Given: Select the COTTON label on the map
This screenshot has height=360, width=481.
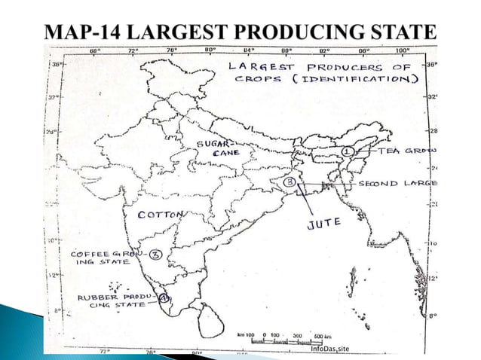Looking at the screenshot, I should [160, 215].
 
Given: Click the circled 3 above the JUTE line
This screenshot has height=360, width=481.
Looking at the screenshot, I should [288, 182].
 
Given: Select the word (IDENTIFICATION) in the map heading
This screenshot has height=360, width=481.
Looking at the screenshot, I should [366, 79].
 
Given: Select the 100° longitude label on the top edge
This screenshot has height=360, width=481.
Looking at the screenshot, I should [401, 51].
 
